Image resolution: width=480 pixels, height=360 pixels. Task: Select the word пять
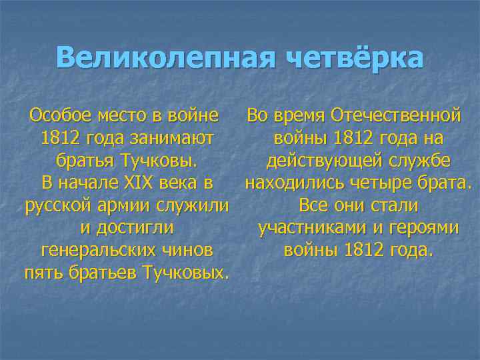click(39, 273)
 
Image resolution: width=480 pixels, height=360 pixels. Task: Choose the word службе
click(421, 161)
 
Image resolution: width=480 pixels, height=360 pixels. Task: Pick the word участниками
click(311, 227)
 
